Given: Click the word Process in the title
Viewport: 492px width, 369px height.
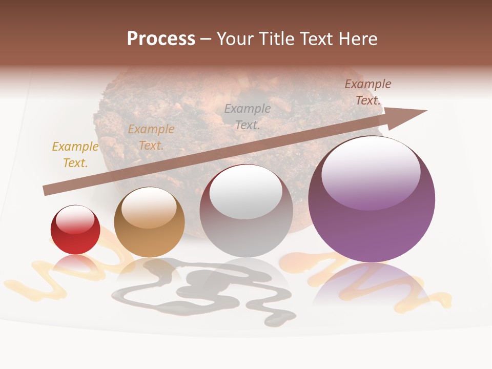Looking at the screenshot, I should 161,39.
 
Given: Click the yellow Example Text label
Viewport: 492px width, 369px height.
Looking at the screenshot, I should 75,155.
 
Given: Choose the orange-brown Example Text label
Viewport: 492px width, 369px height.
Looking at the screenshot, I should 151,137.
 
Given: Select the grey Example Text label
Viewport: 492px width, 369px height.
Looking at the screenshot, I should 248,116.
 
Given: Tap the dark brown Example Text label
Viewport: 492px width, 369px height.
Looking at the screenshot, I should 367,92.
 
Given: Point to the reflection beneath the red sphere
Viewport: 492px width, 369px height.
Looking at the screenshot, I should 75,264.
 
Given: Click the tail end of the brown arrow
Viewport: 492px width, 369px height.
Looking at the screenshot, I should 47,190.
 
